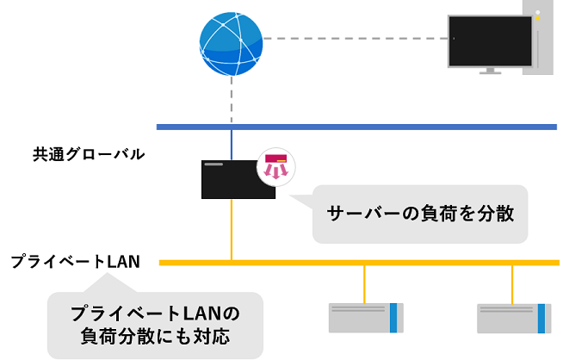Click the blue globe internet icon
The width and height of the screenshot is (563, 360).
[231, 39]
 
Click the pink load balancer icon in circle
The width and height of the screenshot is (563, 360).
[276, 165]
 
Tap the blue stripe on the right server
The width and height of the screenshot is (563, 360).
[542, 317]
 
